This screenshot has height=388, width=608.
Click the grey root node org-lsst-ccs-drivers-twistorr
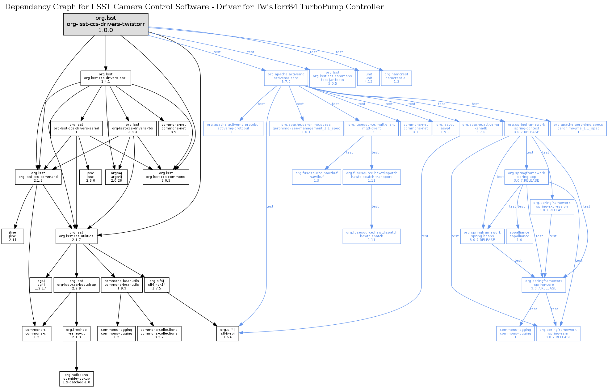[106, 24]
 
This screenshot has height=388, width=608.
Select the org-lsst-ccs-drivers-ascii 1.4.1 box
[106, 78]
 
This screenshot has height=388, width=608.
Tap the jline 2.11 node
[13, 236]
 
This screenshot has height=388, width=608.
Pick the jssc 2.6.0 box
[90, 177]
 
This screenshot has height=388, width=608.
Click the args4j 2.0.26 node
[116, 177]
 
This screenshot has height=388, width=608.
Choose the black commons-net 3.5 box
[174, 129]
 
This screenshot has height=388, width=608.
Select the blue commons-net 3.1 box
[416, 129]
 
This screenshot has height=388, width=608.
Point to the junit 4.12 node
[368, 78]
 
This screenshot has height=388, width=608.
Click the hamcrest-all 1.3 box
[396, 78]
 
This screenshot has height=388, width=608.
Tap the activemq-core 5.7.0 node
[286, 78]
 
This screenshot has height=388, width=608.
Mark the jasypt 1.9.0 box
[445, 129]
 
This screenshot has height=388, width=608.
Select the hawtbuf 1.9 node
[317, 177]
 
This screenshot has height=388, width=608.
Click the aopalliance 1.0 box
[519, 236]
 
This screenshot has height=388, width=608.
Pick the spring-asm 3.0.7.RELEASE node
[558, 334]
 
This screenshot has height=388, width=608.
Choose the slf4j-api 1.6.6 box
[228, 334]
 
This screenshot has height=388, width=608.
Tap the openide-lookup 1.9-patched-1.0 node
[76, 379]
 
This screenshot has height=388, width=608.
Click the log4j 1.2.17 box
[40, 285]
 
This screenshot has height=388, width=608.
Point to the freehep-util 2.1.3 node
[76, 334]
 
